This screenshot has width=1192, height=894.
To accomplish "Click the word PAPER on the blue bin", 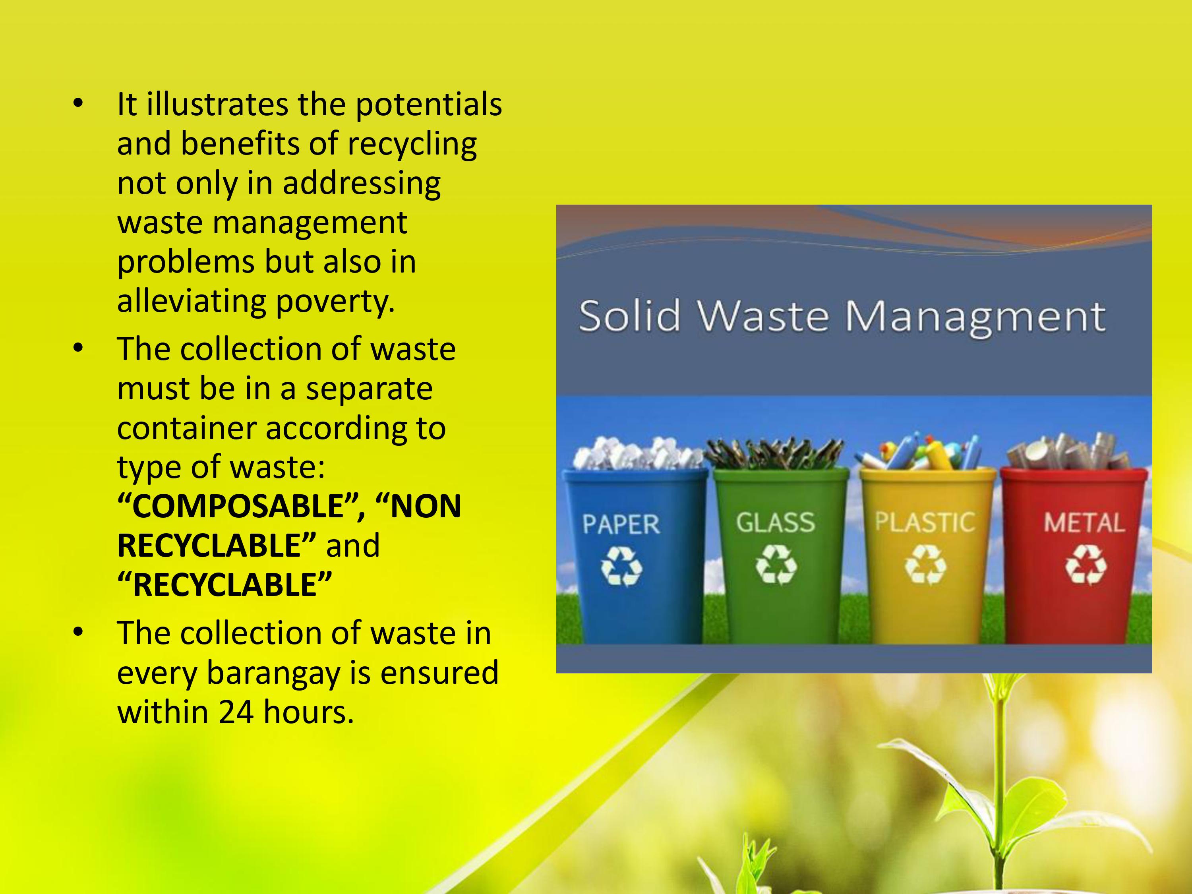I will (621, 524).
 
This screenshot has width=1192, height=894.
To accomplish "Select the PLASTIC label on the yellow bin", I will (925, 522).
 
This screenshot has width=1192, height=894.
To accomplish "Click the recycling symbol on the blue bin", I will (621, 566).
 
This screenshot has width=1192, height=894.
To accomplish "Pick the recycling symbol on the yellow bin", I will (925, 565).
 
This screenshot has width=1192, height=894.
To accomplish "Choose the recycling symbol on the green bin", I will (776, 565).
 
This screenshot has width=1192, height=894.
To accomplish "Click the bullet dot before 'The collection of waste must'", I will (79, 348).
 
